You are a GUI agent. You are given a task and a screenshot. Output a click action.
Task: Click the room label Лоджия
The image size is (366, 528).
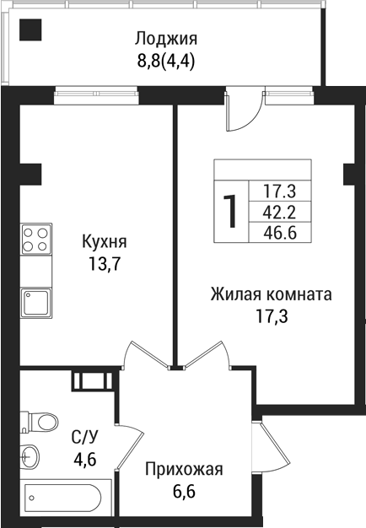[x=166, y=39]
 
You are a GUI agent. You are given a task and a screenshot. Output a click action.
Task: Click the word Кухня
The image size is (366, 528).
[x=105, y=243]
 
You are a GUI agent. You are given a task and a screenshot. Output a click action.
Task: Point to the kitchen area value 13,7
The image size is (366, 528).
[x=105, y=264]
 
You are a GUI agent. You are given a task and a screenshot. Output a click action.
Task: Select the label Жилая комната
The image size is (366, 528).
[x=271, y=295]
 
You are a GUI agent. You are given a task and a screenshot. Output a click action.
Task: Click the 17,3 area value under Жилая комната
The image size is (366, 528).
[x=271, y=317]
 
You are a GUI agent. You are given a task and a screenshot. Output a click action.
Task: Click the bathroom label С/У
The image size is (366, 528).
[x=83, y=437]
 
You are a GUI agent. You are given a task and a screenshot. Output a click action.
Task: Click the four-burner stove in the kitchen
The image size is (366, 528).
[x=36, y=238]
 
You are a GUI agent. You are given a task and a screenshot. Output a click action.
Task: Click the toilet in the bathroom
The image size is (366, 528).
[x=39, y=421]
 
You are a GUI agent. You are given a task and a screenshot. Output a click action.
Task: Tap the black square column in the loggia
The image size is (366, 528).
[x=31, y=32]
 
